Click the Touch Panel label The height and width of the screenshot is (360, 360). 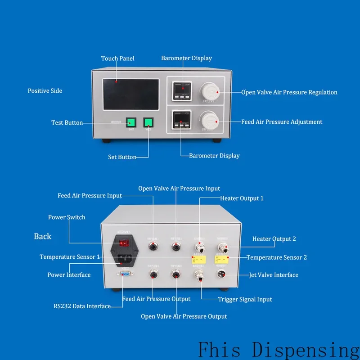pyautogui.click(x=117, y=58)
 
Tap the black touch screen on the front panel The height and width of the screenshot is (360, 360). pyautogui.click(x=130, y=94)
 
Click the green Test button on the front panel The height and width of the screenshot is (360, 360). pyautogui.click(x=131, y=122)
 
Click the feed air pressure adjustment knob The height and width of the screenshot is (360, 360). pyautogui.click(x=209, y=121)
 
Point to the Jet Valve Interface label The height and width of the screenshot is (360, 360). pyautogui.click(x=274, y=275)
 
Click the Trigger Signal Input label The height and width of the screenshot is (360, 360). pyautogui.click(x=245, y=299)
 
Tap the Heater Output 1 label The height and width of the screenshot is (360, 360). pyautogui.click(x=242, y=198)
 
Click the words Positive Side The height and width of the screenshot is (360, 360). pyautogui.click(x=45, y=91)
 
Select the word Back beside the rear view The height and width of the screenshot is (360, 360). pyautogui.click(x=43, y=236)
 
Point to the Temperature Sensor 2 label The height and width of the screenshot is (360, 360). pyautogui.click(x=277, y=257)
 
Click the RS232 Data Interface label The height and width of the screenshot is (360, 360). pyautogui.click(x=81, y=306)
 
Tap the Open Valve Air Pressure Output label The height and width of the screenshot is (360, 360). pyautogui.click(x=184, y=316)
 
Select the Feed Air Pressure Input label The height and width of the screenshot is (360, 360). pyautogui.click(x=90, y=196)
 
